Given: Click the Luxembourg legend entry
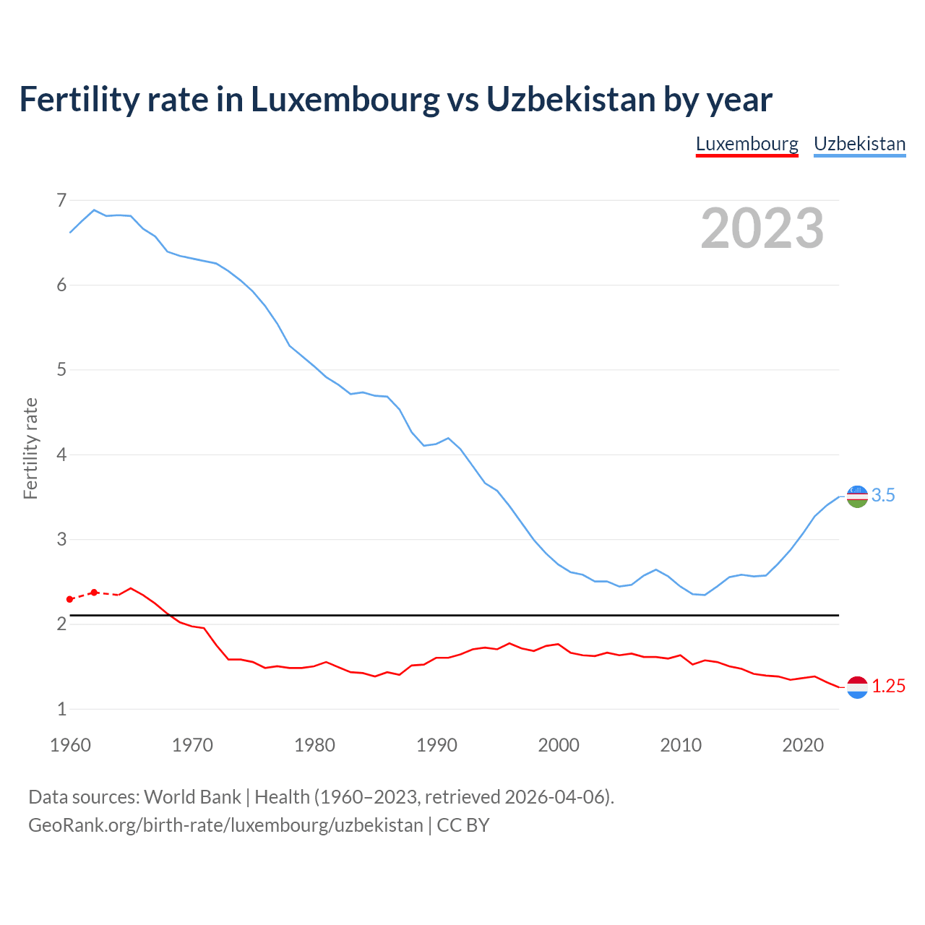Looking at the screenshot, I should tap(747, 144).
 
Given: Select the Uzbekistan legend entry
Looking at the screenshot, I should tap(859, 144).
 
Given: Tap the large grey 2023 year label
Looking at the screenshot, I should tap(762, 228).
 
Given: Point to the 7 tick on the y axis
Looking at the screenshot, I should tap(61, 200).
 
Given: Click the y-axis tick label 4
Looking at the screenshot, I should tap(61, 455).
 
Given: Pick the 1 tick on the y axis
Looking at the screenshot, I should tap(61, 709).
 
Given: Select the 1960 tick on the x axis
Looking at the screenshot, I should tap(70, 745).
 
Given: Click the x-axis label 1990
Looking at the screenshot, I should tap(436, 745).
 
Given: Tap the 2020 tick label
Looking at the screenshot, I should tap(803, 745).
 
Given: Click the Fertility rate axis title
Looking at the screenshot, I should tap(30, 448).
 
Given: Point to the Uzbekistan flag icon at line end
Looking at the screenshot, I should tap(857, 496).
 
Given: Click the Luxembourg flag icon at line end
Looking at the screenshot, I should tap(857, 687).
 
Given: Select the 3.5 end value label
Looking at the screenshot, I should tap(883, 496).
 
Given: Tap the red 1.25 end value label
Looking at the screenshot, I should tap(888, 687).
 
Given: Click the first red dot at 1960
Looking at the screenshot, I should tap(70, 599).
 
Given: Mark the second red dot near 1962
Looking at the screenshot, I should tap(94, 593).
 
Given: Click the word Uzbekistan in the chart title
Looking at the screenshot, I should tap(570, 99).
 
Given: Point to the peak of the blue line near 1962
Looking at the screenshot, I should tap(94, 210).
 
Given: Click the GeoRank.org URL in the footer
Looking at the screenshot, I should tap(225, 825).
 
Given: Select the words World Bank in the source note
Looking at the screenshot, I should tap(192, 797).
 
